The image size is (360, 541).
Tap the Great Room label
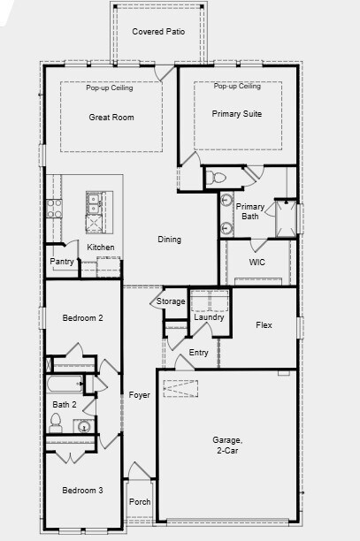coord(111,117)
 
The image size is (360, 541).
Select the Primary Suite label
coord(238,113)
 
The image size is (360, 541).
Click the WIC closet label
coord(257,263)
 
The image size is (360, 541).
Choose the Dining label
coord(169,240)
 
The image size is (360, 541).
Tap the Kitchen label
coord(100,247)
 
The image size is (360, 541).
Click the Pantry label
coord(62,262)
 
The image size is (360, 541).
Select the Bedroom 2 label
coord(82,317)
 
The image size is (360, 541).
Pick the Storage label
coord(171,301)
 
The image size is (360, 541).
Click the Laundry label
coord(210,317)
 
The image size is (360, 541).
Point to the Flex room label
coord(264,325)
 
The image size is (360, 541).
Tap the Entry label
coord(199,353)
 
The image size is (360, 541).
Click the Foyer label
coord(139,394)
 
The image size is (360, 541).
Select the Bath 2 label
coord(65,405)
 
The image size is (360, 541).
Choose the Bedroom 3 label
coord(82,491)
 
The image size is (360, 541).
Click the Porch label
coord(140,502)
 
